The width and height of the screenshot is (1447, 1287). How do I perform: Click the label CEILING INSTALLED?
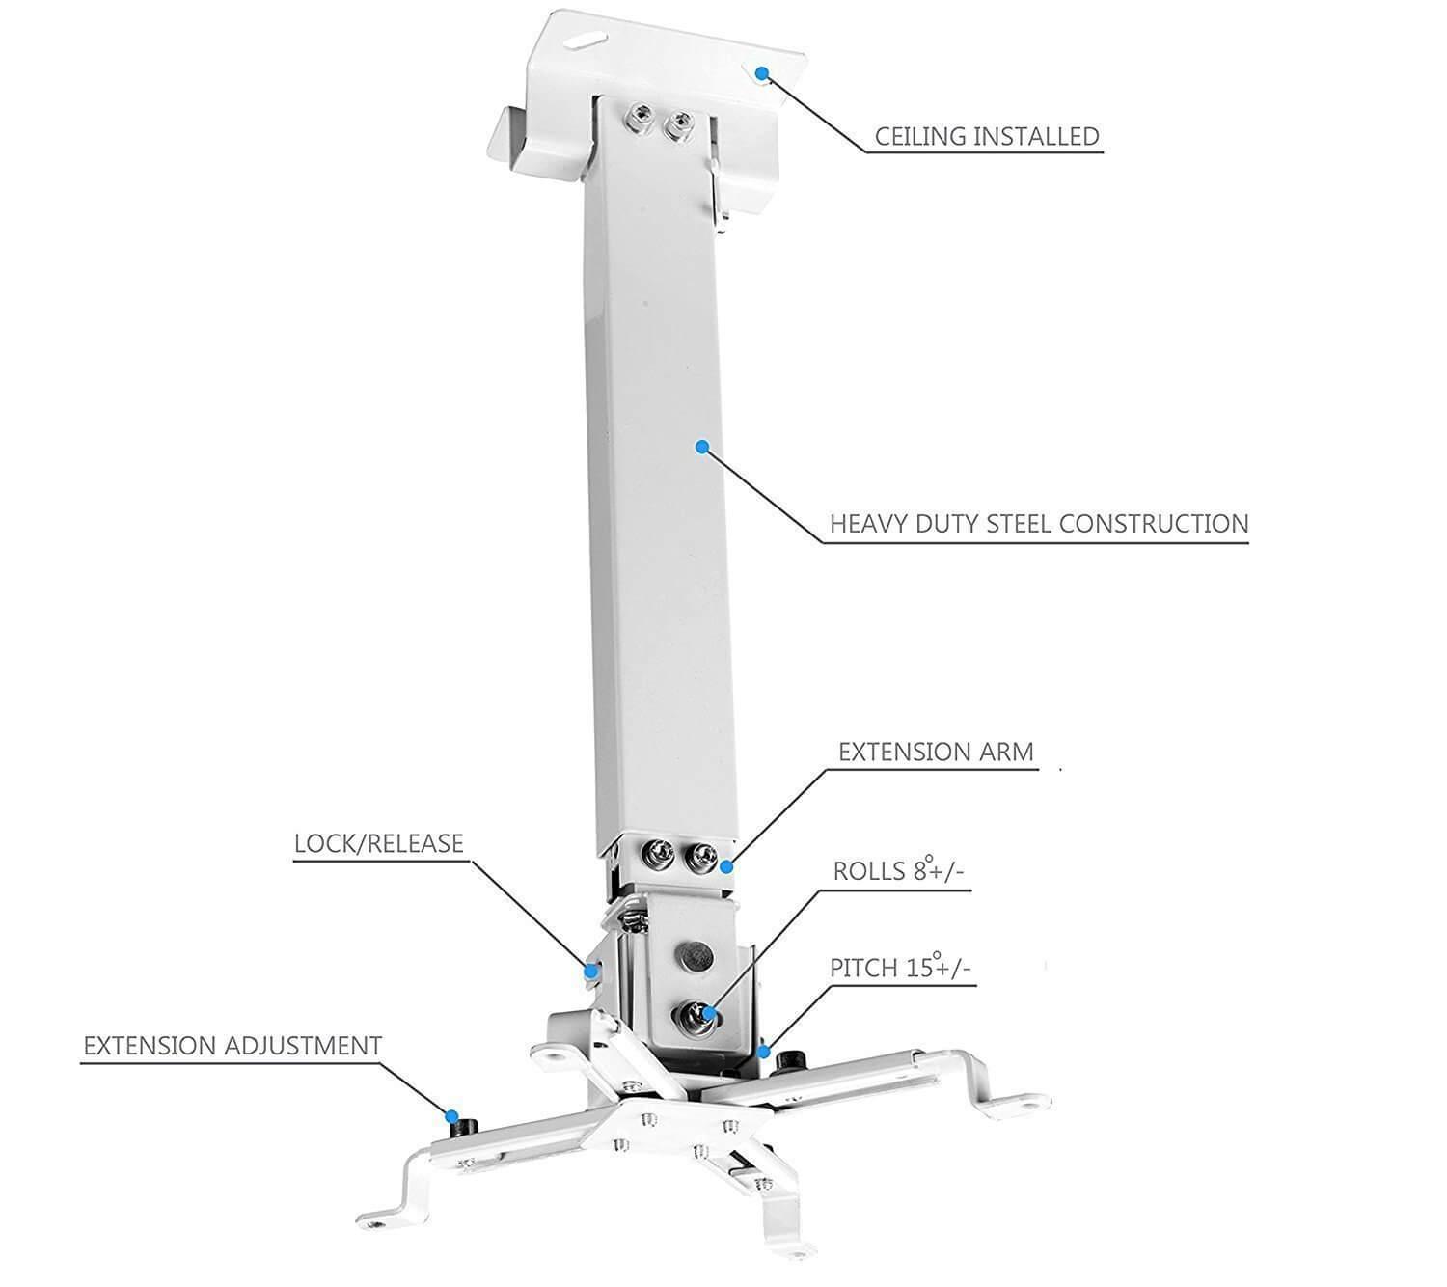click(986, 136)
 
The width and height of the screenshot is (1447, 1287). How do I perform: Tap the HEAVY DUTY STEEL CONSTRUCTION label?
click(1039, 524)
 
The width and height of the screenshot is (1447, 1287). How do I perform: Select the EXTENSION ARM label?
click(935, 752)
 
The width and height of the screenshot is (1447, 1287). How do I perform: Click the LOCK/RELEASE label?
click(378, 843)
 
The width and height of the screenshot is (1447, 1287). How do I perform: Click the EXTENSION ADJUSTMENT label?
click(232, 1045)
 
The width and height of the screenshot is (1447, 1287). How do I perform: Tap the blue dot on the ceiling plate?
click(761, 72)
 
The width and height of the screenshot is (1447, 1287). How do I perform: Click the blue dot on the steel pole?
click(702, 446)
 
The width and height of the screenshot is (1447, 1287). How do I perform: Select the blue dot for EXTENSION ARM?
click(726, 866)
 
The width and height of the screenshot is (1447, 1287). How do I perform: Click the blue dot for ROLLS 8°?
click(709, 1013)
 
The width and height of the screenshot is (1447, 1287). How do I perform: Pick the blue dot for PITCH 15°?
click(764, 1051)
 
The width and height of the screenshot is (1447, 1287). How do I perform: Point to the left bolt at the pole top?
click(638, 120)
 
